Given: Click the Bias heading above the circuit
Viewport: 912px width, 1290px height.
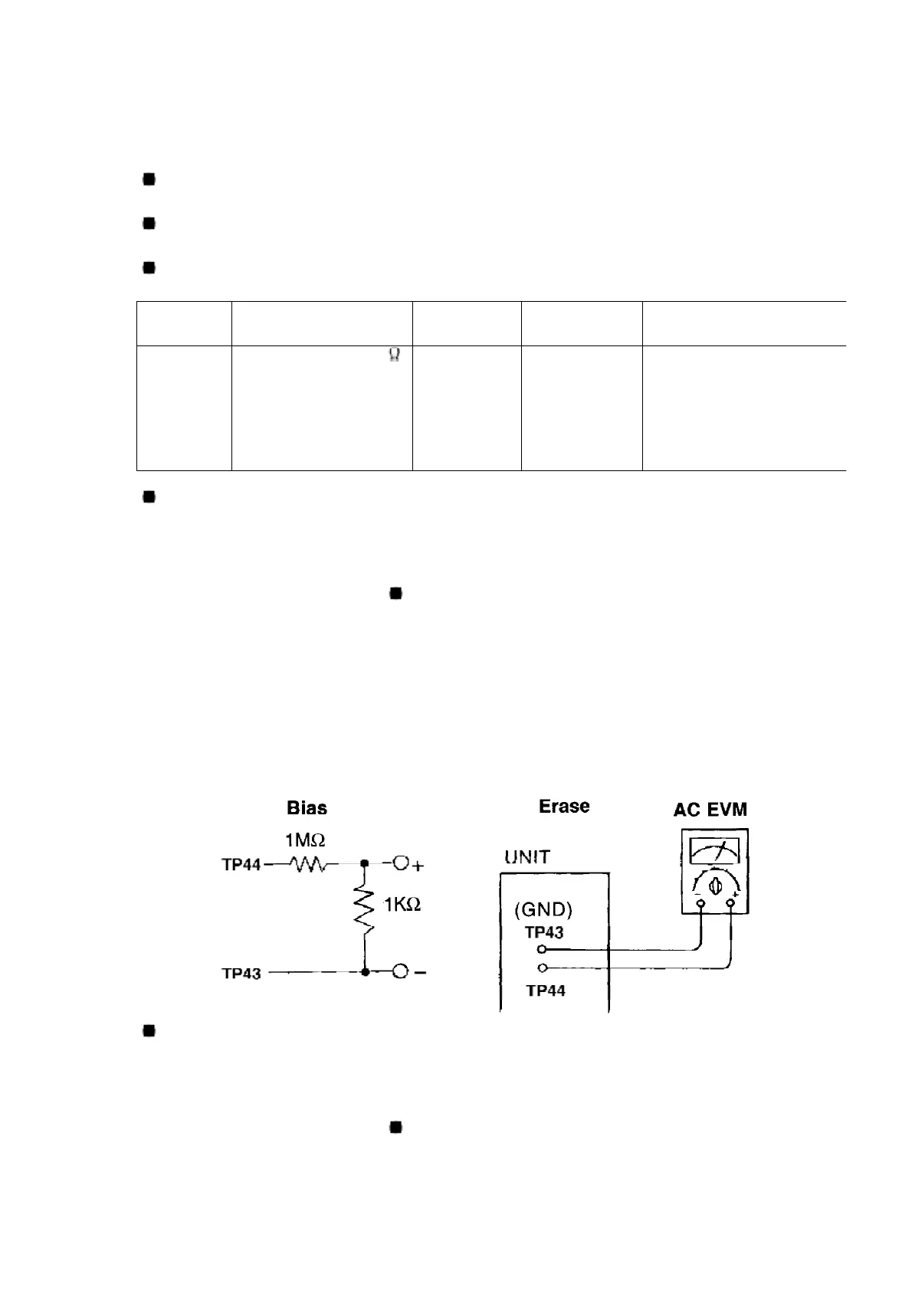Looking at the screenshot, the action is [307, 807].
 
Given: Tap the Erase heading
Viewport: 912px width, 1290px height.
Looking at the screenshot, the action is [564, 806].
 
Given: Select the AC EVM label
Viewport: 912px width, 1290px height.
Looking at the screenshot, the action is [710, 809].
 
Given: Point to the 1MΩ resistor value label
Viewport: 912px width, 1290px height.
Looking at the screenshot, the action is [306, 840].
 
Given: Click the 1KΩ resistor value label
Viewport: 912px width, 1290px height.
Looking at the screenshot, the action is [402, 905].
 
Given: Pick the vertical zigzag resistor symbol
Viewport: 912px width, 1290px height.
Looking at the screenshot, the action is [365, 909].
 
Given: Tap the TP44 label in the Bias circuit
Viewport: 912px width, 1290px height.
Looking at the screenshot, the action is [241, 865].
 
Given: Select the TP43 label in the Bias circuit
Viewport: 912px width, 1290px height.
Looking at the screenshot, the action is [241, 974].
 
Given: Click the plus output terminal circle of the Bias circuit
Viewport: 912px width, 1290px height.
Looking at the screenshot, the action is [400, 864].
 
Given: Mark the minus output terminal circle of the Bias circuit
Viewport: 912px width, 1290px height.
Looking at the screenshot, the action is [399, 972].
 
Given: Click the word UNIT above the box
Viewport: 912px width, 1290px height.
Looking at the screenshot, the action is [527, 857].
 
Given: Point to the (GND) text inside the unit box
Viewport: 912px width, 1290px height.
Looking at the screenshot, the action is [543, 909].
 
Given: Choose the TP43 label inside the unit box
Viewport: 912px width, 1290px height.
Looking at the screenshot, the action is [544, 932].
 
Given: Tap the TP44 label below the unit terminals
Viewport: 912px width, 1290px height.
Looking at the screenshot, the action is [546, 990].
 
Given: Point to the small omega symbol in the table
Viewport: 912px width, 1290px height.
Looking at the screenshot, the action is [395, 355].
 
